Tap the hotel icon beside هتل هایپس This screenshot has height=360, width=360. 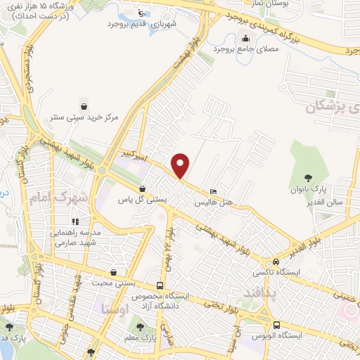tap(213, 191)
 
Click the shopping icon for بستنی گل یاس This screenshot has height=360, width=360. tap(143, 188)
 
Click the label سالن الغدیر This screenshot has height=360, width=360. tap(307, 200)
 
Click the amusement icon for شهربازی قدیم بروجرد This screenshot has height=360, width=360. tap(141, 12)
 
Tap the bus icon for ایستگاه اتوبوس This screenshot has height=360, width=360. tap(278, 325)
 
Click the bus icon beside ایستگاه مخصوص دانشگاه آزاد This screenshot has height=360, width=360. tap(161, 285)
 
